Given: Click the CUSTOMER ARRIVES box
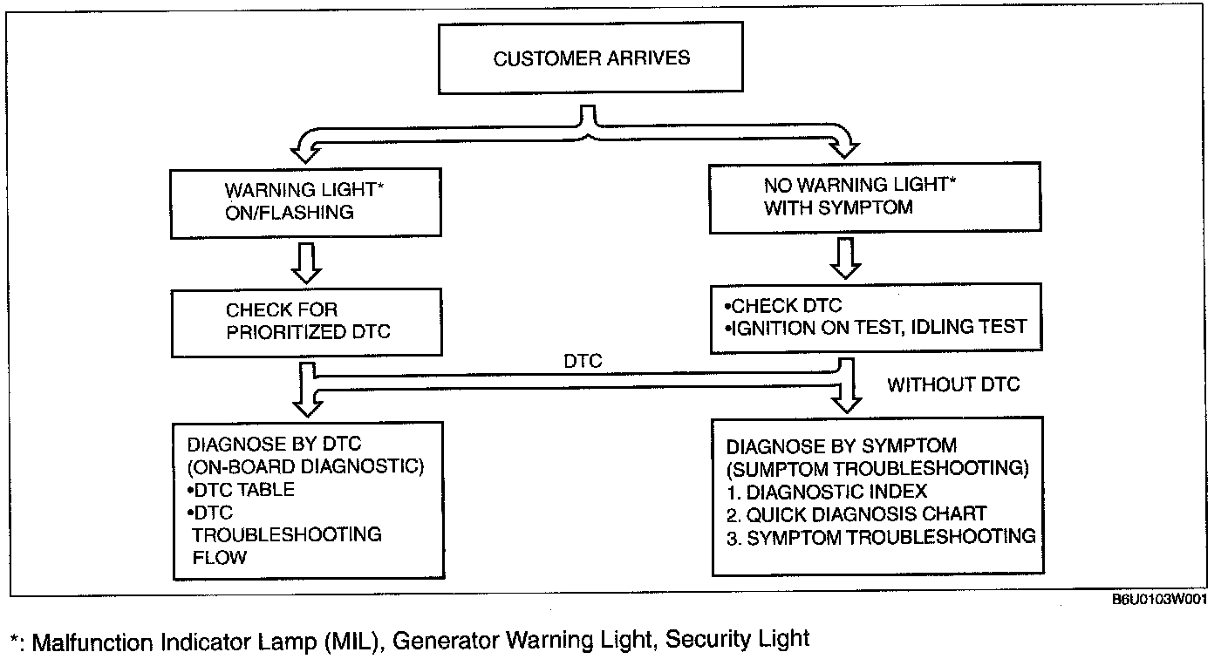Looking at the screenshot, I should click(591, 59).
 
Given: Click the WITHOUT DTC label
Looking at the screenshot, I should click(952, 384).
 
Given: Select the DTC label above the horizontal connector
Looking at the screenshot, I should click(583, 362).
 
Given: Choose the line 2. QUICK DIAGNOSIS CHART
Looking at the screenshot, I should click(856, 513).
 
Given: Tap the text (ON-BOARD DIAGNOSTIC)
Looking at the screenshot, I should click(305, 467).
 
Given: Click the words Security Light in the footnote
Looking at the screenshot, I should click(738, 639).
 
